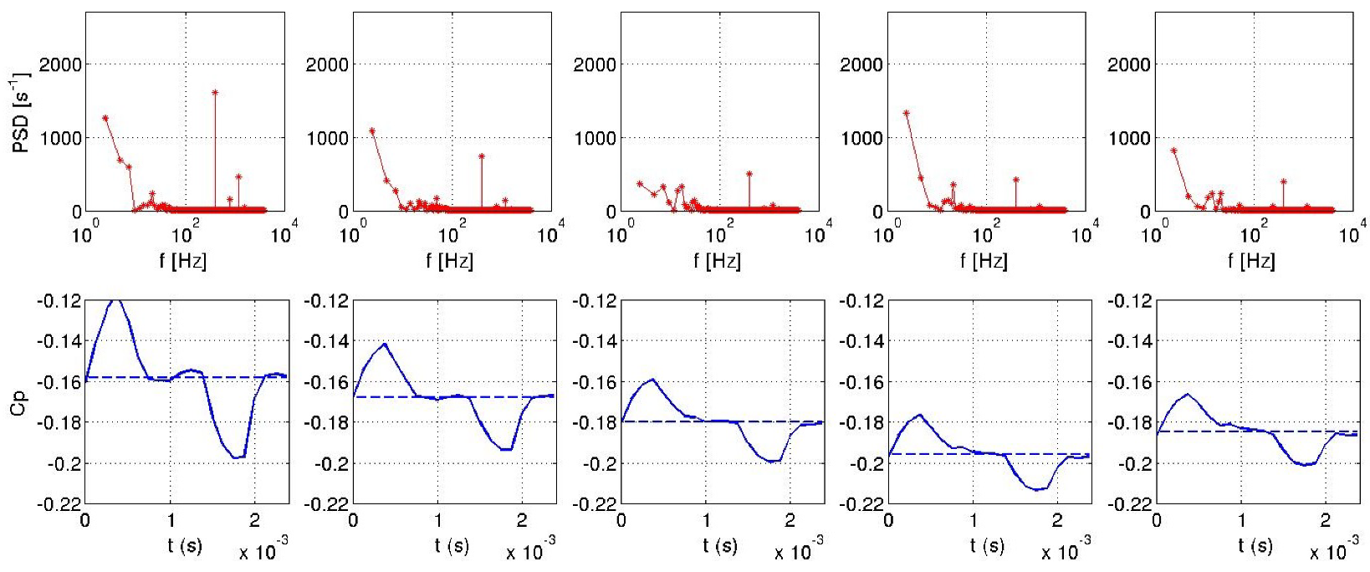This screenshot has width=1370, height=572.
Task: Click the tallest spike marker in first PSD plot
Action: pos(215,93)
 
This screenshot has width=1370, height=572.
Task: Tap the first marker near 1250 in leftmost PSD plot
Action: pos(105,118)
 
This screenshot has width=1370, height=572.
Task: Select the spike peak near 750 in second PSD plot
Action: pos(482,156)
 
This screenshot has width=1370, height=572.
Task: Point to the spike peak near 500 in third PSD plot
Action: pos(749,174)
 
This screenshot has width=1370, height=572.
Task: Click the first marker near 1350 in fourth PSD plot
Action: pos(907,112)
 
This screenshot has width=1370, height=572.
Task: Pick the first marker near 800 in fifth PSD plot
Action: pos(1173,151)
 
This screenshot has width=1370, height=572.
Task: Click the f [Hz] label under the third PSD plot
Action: pos(717,261)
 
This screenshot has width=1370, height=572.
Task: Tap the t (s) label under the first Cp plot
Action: pos(184,547)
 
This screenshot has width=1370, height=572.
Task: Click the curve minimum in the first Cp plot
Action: pos(237,457)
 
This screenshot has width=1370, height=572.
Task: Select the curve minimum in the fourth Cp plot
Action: pos(1037,490)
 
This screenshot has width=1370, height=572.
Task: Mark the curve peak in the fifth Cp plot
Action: pos(1187,394)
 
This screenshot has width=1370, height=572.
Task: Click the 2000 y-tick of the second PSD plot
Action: pos(327,64)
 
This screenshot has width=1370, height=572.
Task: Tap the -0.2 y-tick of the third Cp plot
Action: pos(597,463)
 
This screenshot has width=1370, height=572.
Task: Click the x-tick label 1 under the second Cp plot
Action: pos(438,521)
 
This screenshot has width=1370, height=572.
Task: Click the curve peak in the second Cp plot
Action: pos(384,344)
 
